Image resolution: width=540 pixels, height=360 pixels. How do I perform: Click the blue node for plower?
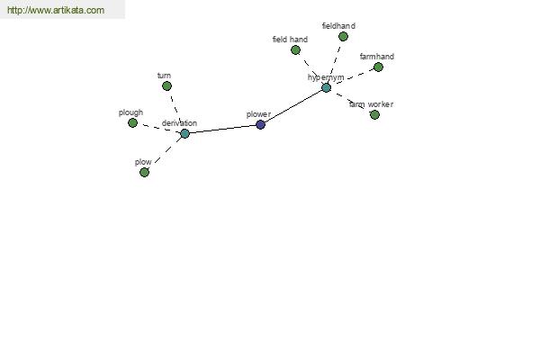point(261,125)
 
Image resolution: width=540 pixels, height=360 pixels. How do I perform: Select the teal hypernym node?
point(326,87)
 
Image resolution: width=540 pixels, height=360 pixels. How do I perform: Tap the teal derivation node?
point(184,133)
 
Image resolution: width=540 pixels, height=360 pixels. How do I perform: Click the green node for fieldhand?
point(343,36)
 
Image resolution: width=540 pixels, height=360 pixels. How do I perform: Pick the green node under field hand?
point(295,50)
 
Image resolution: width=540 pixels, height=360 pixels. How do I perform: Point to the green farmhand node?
point(378,67)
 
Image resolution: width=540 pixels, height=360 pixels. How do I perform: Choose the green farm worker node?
point(374,114)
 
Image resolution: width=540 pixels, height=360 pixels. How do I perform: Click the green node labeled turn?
point(166,85)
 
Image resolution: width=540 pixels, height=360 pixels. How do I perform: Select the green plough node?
point(132,122)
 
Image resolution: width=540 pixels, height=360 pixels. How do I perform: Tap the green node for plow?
point(144,172)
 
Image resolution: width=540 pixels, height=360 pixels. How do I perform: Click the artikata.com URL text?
point(56,10)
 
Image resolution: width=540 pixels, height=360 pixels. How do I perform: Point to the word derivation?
point(179,123)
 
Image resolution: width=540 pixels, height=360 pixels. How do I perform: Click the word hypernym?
point(326,77)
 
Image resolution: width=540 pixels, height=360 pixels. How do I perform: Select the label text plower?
point(258,114)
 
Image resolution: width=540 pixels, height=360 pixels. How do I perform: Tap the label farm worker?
point(371,104)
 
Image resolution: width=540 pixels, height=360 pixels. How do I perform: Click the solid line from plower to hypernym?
point(293,106)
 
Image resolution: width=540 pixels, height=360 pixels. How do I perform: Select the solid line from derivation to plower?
point(223,130)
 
